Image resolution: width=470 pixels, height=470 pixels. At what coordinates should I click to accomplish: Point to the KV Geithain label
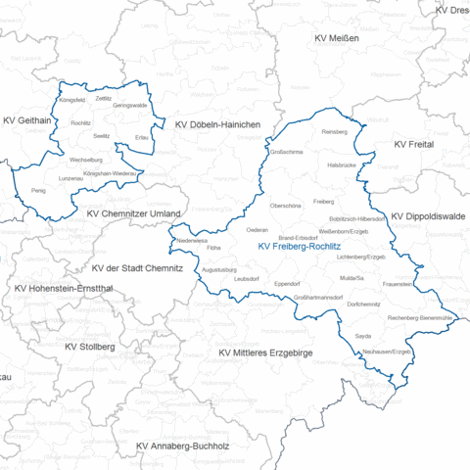click(x=27, y=120)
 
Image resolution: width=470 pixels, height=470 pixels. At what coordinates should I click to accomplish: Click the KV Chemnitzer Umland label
click(x=133, y=213)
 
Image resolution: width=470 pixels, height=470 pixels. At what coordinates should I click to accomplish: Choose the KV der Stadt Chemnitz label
click(x=147, y=268)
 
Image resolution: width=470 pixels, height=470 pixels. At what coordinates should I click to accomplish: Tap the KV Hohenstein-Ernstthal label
click(x=63, y=290)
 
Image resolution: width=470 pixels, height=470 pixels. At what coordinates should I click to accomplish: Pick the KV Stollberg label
click(x=90, y=347)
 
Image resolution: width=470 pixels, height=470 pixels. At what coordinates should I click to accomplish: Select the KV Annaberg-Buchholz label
click(x=182, y=446)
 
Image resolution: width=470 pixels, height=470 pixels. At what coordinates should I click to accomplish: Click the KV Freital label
click(x=413, y=144)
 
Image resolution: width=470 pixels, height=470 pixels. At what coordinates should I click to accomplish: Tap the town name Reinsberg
click(x=335, y=130)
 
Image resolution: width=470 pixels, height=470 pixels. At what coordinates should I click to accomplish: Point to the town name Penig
click(x=38, y=190)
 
